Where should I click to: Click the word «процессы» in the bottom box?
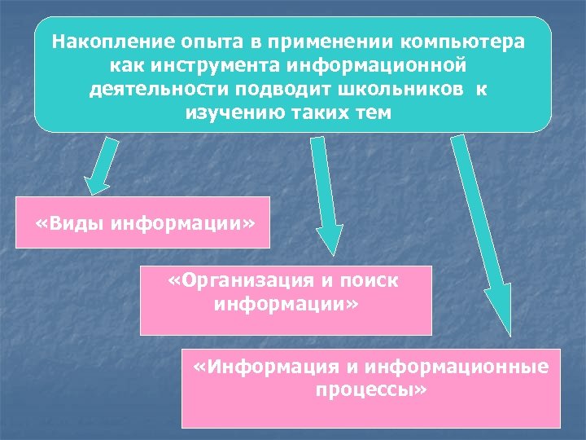pos(370,389)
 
